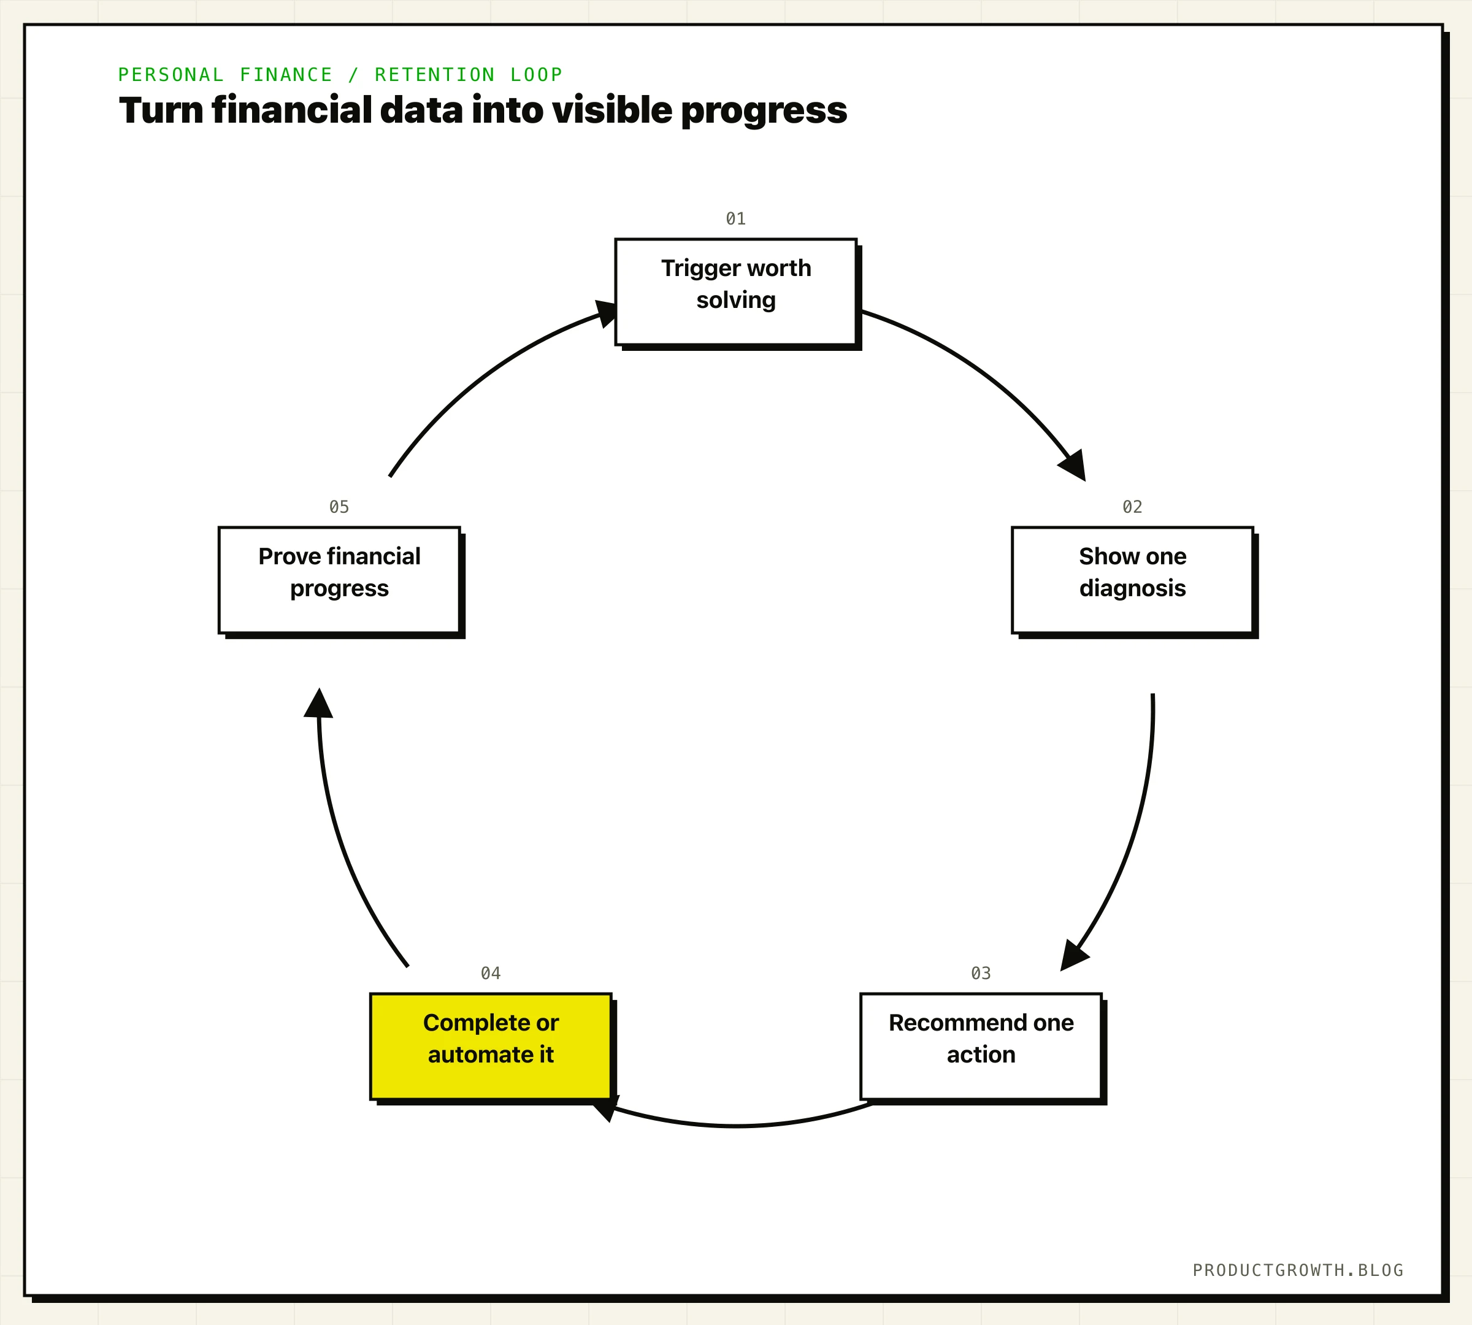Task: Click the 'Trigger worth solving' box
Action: [x=736, y=292]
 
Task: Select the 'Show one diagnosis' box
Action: [x=1133, y=580]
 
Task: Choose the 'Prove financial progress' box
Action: [x=339, y=580]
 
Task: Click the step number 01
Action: [x=736, y=218]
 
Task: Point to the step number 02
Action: [x=1133, y=507]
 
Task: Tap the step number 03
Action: [x=981, y=974]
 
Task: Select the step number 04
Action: [x=491, y=974]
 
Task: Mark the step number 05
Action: [x=339, y=507]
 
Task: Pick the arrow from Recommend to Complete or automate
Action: [x=735, y=1126]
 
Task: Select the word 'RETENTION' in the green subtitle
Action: [x=435, y=75]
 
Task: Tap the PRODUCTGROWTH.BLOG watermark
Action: [x=1298, y=1270]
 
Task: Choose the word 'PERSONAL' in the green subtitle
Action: [x=171, y=75]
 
